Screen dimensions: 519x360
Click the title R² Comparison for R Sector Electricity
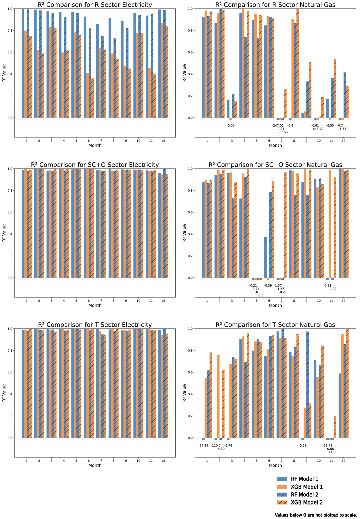pos(95,5)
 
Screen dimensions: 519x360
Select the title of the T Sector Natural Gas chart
pos(275,325)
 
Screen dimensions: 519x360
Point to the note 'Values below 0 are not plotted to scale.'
pos(316,515)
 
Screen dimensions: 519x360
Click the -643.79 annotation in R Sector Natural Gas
pos(318,129)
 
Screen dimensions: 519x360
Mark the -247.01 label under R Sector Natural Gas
pos(278,126)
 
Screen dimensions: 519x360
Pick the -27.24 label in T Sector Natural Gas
pos(203,446)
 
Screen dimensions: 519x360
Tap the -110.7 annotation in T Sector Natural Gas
pos(216,446)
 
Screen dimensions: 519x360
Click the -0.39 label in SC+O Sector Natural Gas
pos(268,286)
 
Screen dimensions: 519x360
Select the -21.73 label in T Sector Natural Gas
pos(327,446)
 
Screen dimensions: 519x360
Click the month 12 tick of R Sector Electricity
pos(163,141)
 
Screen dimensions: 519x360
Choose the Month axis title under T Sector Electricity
pos(95,465)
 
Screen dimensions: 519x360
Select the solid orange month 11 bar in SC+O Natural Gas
pos(330,224)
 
